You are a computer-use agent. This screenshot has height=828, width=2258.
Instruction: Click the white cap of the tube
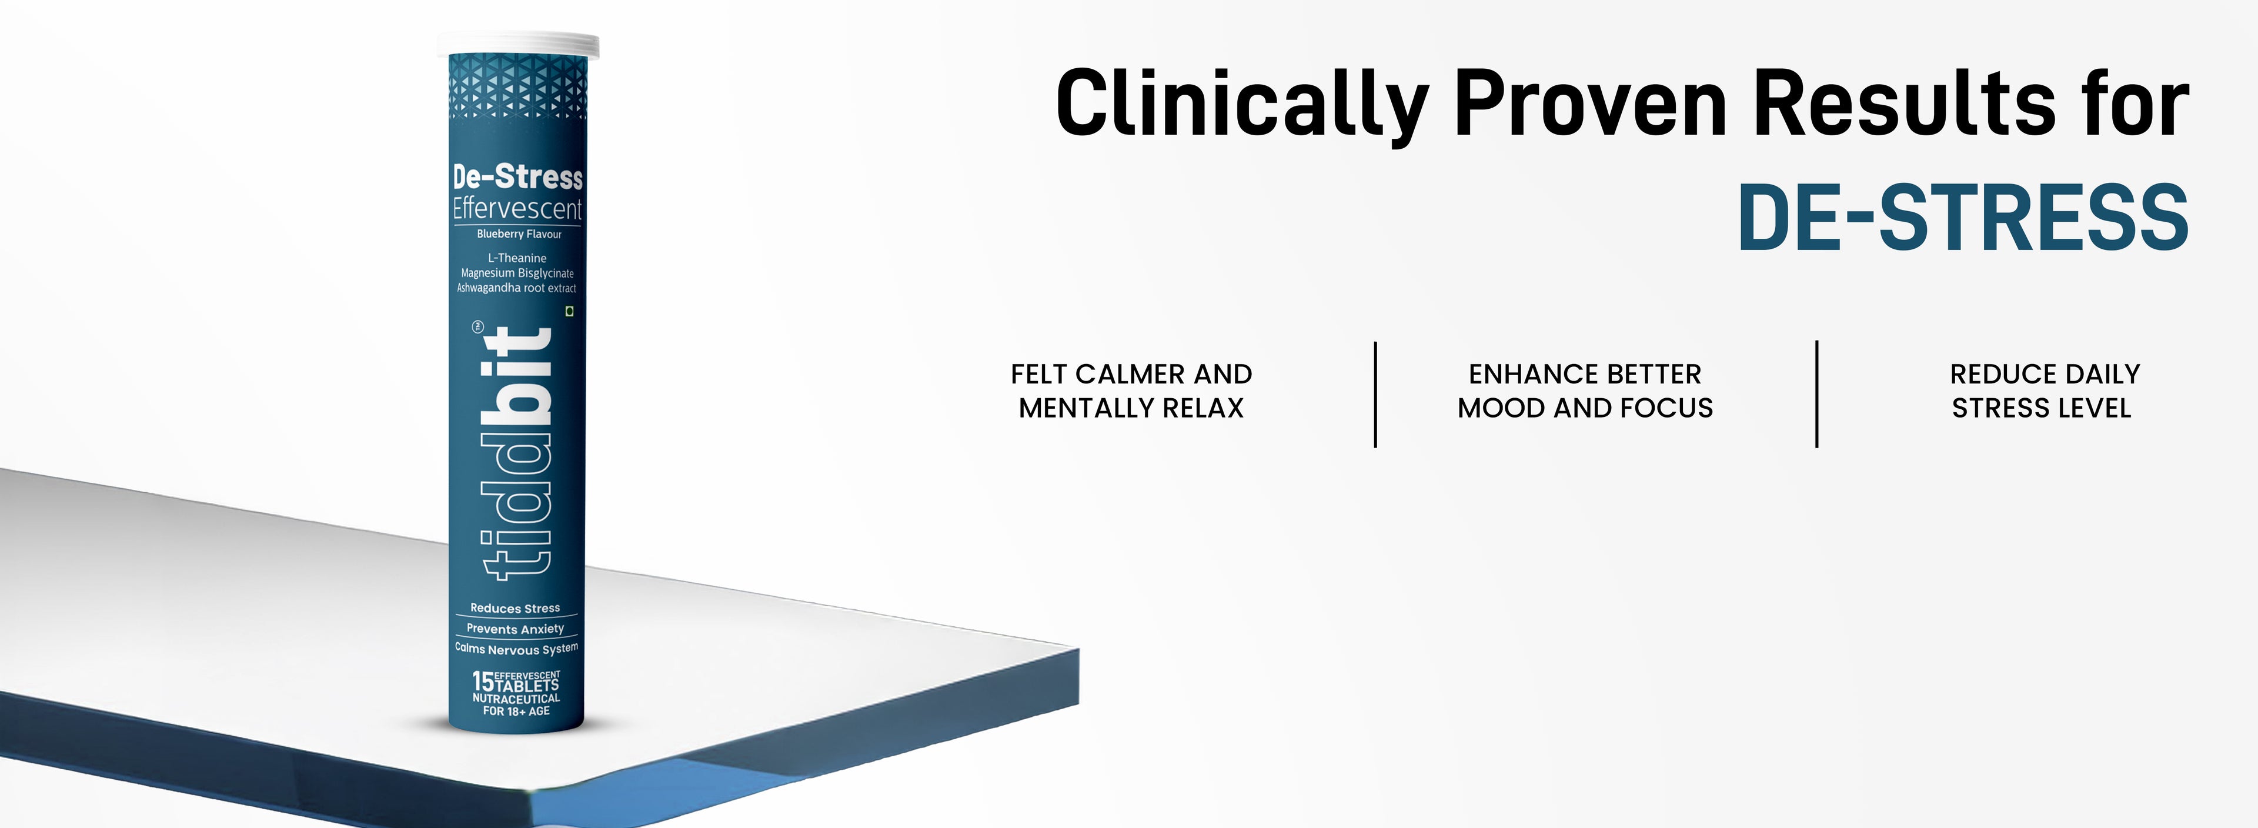518,45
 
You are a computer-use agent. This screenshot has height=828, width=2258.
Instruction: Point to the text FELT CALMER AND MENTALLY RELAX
1131,391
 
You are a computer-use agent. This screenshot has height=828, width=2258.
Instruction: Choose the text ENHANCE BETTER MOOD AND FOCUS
1585,391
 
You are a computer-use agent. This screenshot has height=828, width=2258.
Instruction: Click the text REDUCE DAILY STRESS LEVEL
2044,391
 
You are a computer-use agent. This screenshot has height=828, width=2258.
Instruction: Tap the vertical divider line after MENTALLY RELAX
1375,394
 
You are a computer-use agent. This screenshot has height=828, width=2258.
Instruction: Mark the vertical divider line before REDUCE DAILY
1816,394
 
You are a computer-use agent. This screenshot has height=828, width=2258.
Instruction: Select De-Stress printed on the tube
517,177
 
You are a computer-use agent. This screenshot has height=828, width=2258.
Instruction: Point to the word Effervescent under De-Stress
517,209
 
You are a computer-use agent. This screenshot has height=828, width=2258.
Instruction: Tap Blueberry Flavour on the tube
519,234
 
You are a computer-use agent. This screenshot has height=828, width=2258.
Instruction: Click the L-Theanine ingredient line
517,258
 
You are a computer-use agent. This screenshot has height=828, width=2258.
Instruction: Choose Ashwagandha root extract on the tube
516,288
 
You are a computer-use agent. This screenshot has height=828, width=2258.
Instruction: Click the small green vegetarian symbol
570,311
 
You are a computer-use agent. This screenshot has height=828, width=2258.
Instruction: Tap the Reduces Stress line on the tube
516,608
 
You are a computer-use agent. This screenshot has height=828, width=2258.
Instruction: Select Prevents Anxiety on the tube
516,629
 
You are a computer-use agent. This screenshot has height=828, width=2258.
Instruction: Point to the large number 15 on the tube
483,682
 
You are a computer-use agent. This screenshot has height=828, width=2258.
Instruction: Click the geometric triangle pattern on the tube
517,86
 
